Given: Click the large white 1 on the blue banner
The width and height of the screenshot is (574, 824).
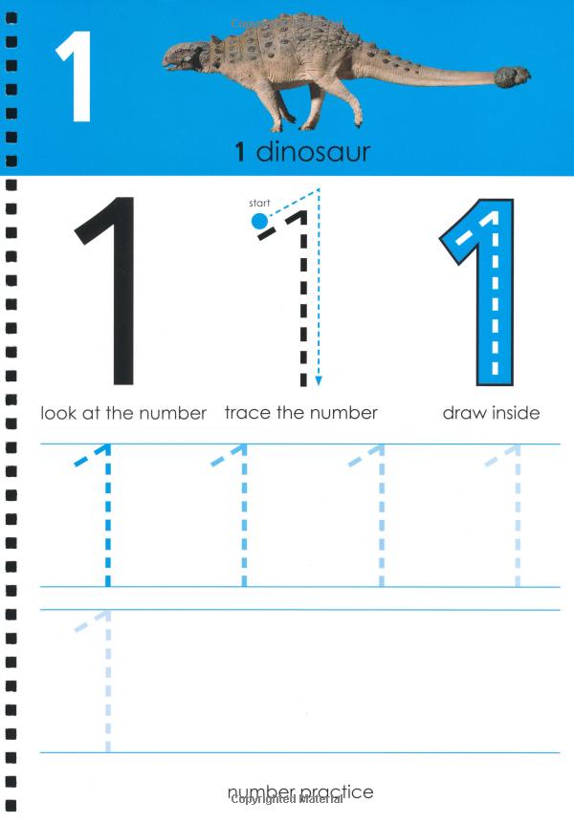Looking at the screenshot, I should (75, 76).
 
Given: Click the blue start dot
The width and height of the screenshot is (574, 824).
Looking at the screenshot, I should (259, 222).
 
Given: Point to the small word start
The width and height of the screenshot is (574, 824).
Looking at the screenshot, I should (259, 204).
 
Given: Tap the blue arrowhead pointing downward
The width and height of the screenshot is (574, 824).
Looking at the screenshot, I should (319, 379).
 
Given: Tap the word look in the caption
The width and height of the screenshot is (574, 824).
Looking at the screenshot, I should (57, 413).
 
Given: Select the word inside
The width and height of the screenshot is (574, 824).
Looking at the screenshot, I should (516, 413).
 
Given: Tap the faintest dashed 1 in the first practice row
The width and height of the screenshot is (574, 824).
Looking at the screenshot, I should (516, 516).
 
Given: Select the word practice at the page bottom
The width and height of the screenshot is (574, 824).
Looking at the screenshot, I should (335, 792).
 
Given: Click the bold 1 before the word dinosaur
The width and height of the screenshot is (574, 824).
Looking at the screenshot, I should (240, 151).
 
